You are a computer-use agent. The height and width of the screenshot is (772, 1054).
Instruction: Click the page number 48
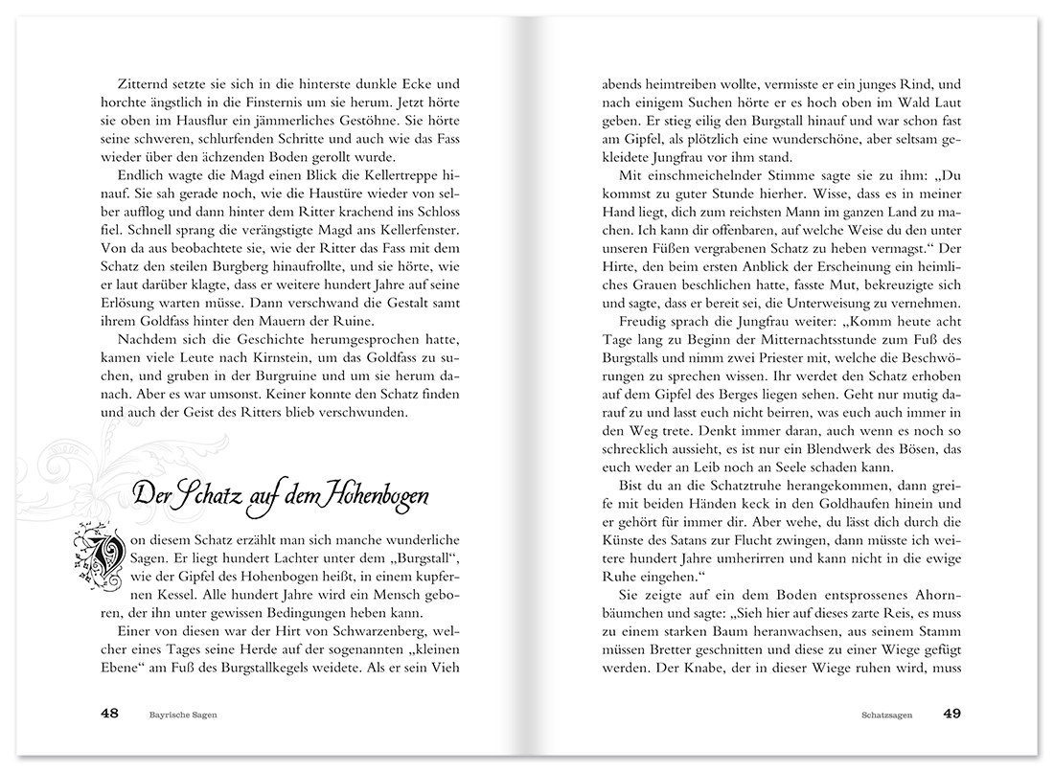tap(109, 714)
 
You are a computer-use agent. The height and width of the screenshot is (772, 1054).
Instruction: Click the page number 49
tap(951, 714)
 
